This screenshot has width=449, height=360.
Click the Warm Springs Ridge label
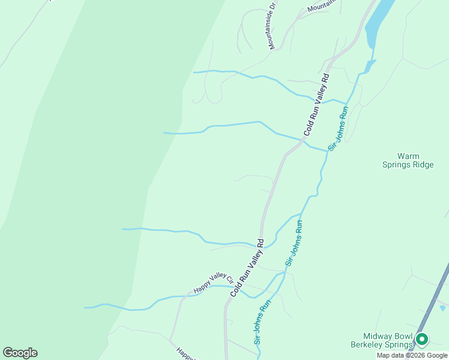click(x=408, y=160)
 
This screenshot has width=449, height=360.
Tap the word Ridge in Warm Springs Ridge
click(x=421, y=165)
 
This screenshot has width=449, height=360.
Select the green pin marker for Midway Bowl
click(x=421, y=340)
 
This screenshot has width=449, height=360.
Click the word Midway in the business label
click(x=376, y=336)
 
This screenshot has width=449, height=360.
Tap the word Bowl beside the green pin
click(x=400, y=336)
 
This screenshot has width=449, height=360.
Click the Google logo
click(x=20, y=353)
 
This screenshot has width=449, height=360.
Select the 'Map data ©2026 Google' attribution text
click(x=412, y=355)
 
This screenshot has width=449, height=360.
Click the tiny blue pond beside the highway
click(x=442, y=308)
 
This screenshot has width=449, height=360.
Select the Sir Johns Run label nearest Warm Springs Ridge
click(x=338, y=130)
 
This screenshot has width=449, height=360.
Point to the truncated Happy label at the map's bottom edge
click(x=185, y=354)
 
